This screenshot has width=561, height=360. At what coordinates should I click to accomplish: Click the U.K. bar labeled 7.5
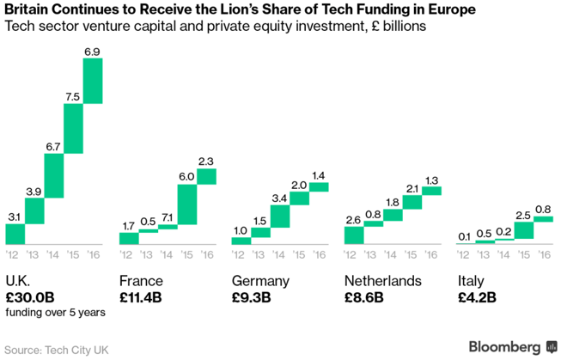coord(73,127)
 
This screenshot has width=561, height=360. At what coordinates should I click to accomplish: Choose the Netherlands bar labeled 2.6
coord(353,234)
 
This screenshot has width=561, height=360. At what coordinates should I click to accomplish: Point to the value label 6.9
coord(92,52)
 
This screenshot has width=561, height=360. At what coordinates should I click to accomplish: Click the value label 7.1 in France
coord(167,218)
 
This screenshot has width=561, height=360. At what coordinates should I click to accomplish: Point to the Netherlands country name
coord(383,281)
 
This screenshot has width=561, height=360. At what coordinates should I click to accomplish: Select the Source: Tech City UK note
coord(58,349)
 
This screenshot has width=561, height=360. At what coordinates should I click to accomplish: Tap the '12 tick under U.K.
coord(14,254)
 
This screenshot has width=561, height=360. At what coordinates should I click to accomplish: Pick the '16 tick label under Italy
coord(543,254)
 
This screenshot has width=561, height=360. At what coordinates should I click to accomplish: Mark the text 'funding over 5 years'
coord(55,313)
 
